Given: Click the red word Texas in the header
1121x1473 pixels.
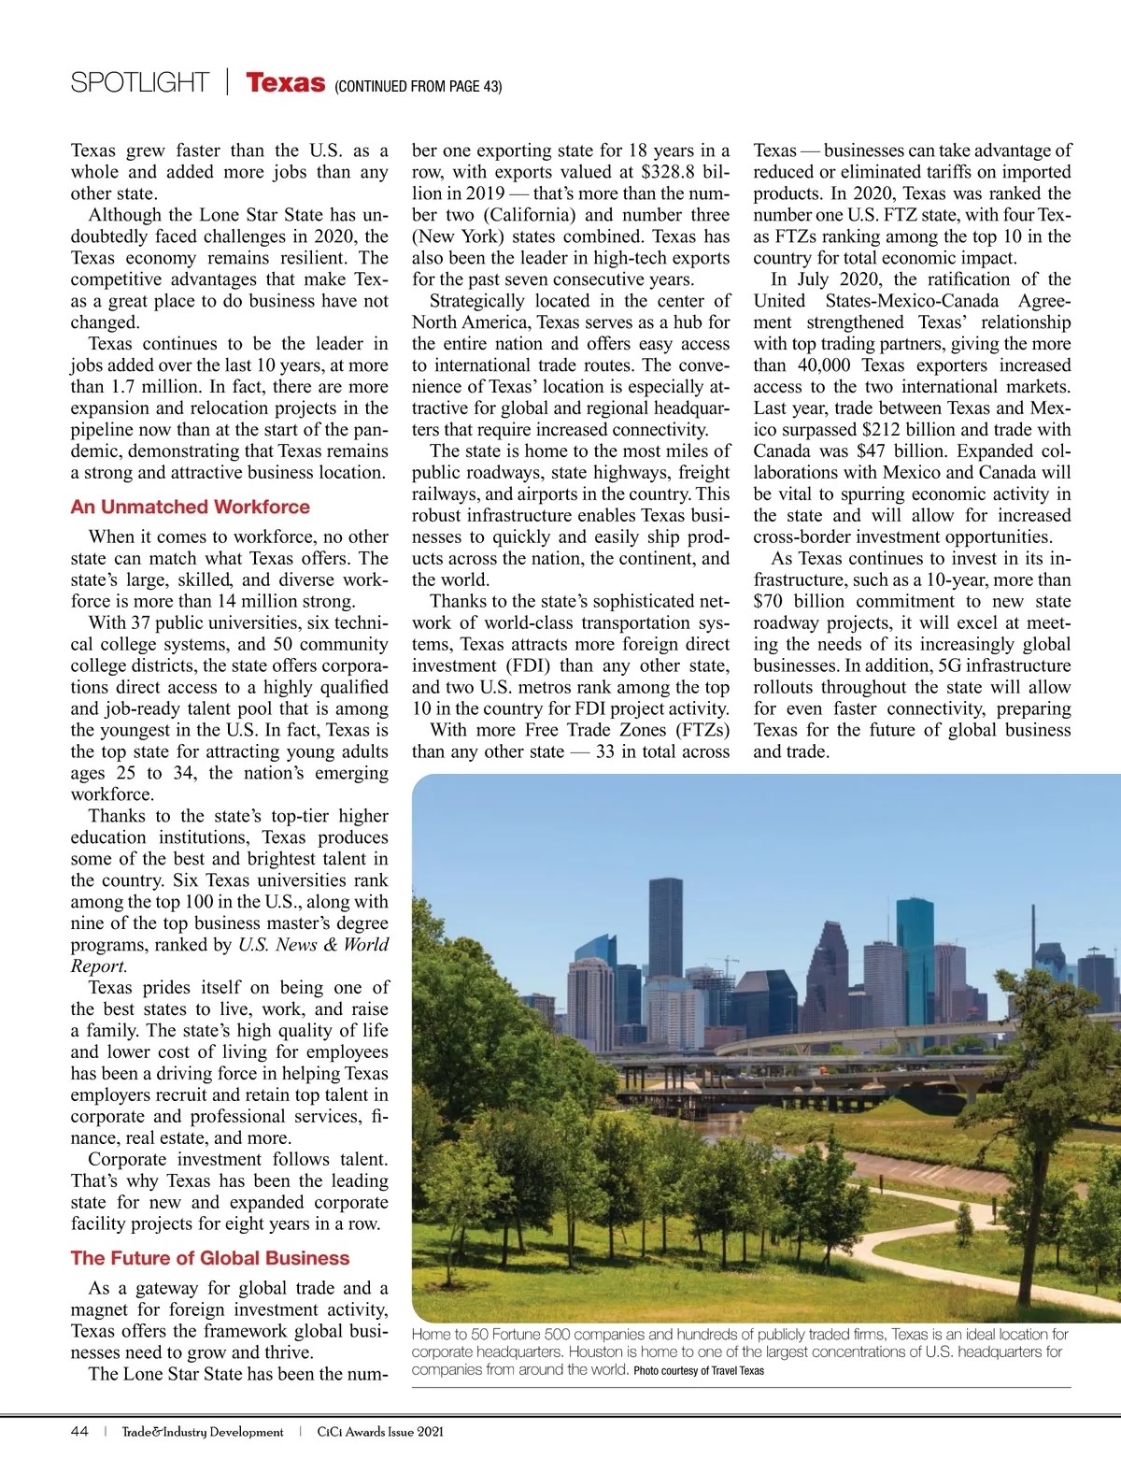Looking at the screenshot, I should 285,83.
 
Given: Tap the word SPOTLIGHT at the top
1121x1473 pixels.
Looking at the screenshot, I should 139,83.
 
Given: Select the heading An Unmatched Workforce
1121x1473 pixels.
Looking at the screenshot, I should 190,507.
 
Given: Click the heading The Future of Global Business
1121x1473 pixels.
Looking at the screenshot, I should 209,1258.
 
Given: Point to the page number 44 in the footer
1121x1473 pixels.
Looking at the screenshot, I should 79,1432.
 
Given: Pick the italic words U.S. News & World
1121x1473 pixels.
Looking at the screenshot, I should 313,945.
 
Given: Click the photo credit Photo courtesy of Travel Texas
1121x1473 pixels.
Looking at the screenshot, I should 698,1371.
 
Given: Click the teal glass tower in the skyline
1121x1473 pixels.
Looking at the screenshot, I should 915,944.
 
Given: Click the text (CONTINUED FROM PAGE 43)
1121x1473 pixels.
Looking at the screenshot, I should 418,87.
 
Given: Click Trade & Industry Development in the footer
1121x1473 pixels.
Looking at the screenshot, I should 202,1432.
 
